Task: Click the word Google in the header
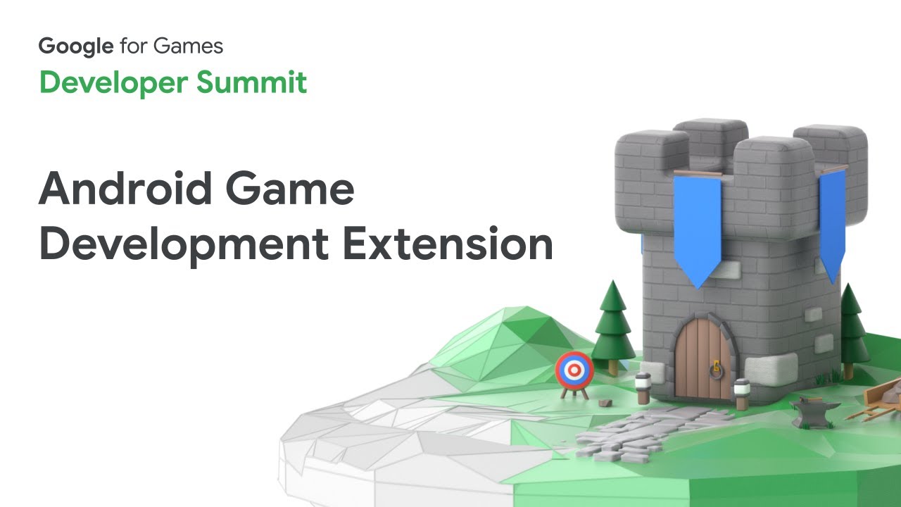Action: (x=75, y=47)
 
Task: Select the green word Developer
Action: (x=113, y=83)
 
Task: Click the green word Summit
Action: (x=251, y=82)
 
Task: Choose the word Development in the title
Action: (x=183, y=244)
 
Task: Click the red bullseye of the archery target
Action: (x=574, y=369)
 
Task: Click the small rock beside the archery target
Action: (x=604, y=402)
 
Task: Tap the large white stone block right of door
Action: (x=771, y=369)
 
